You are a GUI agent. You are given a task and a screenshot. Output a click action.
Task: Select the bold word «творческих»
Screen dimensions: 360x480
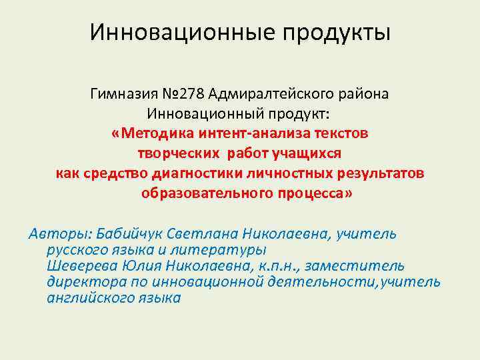point(178,153)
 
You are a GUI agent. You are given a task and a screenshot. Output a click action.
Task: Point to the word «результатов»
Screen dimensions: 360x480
point(377,173)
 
